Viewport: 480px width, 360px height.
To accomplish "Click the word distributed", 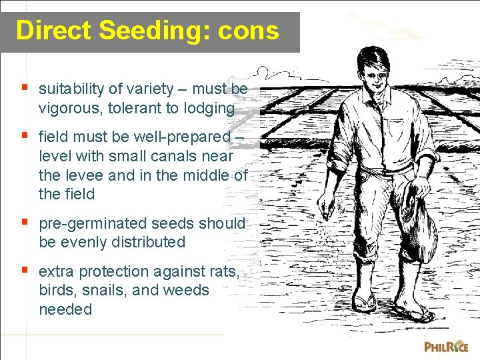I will pyautogui.click(x=141, y=242).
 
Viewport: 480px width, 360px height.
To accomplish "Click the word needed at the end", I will pyautogui.click(x=65, y=309).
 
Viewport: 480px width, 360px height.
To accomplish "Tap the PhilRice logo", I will pyautogui.click(x=446, y=346).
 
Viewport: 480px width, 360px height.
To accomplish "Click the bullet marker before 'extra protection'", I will pyautogui.click(x=25, y=271).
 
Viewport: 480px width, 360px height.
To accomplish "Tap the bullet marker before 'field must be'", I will pyautogui.click(x=25, y=136).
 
